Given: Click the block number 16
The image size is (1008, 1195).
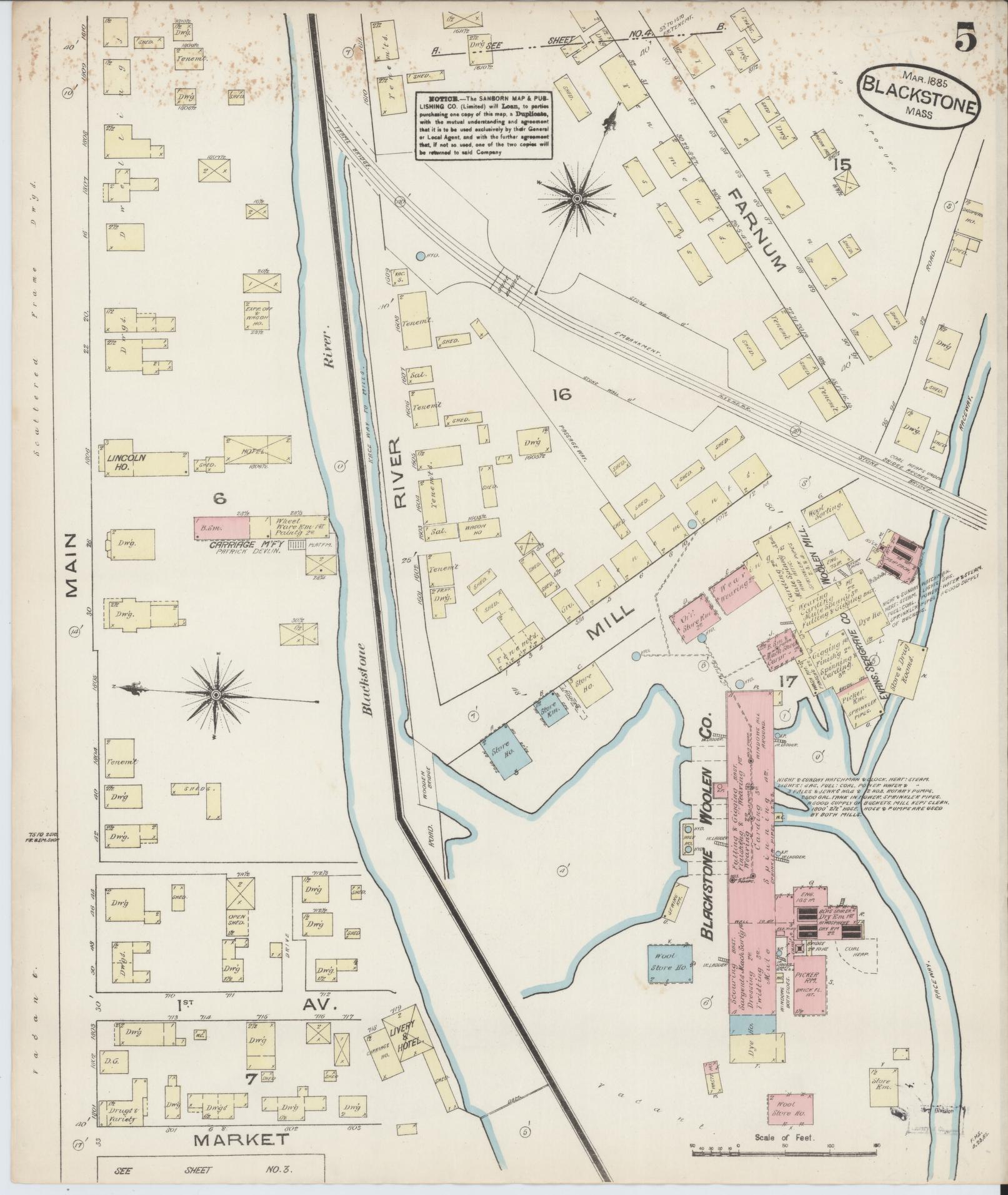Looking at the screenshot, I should click(x=562, y=394).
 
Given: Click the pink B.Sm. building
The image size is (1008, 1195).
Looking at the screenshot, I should click(x=222, y=526).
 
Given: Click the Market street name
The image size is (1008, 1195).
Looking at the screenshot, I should click(x=241, y=1139).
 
